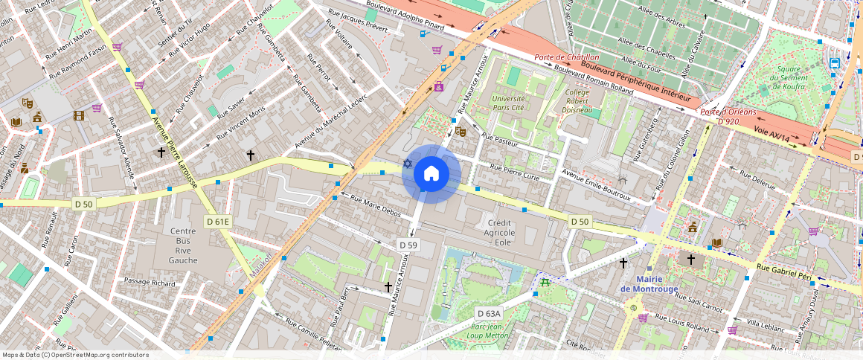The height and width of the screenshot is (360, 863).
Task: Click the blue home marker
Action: click(431, 174)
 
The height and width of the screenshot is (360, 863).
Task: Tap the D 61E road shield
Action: click(218, 222)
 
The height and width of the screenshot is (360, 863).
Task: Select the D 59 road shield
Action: click(408, 245)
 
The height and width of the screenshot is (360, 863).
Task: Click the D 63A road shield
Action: click(489, 313)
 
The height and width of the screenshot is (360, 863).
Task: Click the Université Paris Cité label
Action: click(509, 103)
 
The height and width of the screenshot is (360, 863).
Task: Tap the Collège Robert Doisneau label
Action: click(577, 102)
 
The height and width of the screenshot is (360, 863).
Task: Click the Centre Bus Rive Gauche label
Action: click(183, 245)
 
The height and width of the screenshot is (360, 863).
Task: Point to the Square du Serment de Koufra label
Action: click(789, 78)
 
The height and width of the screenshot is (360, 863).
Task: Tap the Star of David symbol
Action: click(407, 164)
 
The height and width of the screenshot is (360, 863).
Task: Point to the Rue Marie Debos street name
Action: click(375, 208)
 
